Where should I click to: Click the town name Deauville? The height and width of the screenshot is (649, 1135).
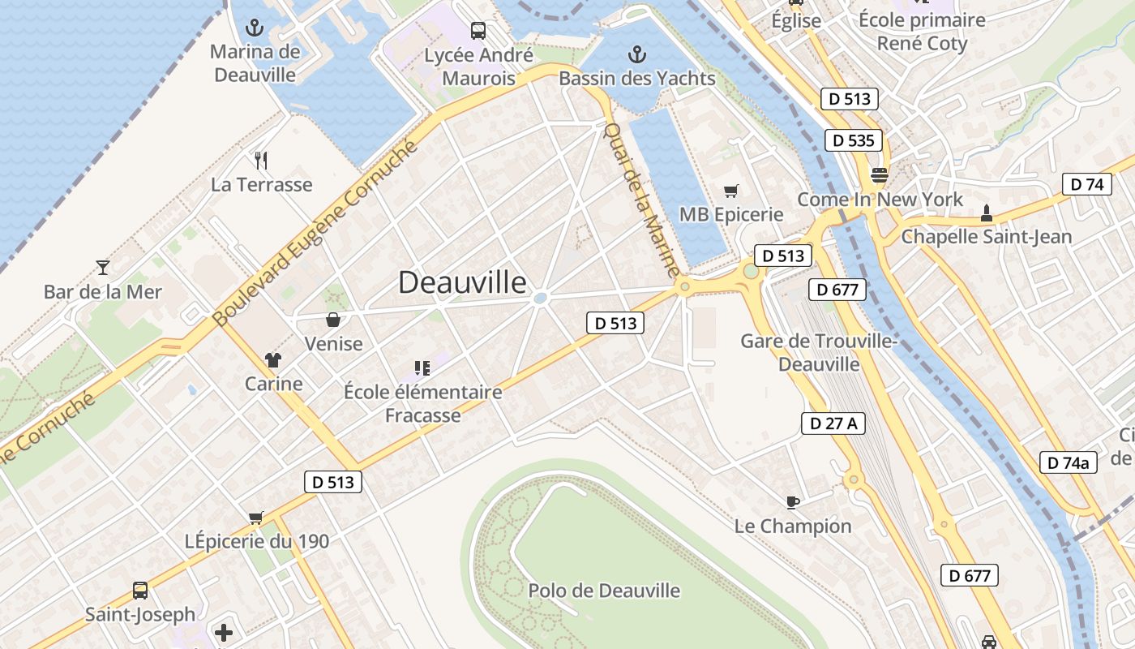click(x=462, y=282)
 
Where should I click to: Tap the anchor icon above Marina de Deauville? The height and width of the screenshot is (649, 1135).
click(x=255, y=28)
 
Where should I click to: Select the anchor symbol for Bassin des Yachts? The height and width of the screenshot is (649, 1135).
click(x=637, y=54)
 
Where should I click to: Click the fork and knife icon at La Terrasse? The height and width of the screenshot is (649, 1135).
click(x=261, y=160)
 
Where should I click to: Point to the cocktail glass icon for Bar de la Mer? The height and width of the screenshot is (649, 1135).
click(x=103, y=267)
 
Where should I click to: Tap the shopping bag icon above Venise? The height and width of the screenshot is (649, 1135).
click(x=332, y=320)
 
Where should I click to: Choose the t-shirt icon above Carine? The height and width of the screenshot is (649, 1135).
click(x=273, y=359)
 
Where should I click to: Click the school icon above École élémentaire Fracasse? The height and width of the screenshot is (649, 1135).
click(x=422, y=368)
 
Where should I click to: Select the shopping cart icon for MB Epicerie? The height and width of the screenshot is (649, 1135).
click(x=731, y=191)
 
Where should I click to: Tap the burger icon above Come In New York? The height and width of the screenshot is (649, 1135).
click(x=880, y=174)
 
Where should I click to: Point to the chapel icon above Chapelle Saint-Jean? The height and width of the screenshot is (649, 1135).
click(x=987, y=213)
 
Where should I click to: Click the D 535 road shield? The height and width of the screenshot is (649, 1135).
click(x=854, y=140)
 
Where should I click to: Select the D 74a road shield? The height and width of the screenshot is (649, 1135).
click(x=1069, y=462)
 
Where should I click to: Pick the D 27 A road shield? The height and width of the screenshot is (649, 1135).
click(x=833, y=423)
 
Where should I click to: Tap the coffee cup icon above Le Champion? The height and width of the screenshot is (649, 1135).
click(x=793, y=502)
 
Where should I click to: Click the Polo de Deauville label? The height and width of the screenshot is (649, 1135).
click(x=604, y=591)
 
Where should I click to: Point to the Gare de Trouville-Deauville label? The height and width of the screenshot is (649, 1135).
click(x=819, y=352)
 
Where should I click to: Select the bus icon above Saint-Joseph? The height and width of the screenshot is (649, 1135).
click(x=140, y=590)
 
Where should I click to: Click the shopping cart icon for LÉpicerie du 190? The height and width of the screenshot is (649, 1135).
click(x=256, y=517)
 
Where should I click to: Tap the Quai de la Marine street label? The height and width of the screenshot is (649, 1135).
click(x=641, y=199)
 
